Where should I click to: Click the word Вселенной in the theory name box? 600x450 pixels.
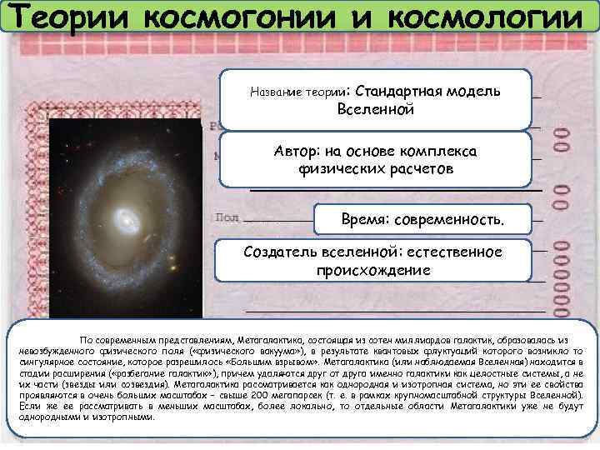click(376, 109)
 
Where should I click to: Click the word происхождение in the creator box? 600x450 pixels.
click(372, 270)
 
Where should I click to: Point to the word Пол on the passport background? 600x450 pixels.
click(227, 217)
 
